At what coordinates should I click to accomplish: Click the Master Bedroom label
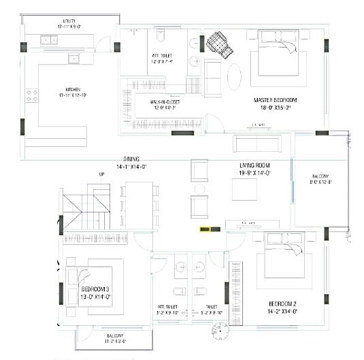click(275, 99)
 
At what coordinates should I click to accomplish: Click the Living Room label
click(256, 165)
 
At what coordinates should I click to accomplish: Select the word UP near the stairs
click(103, 174)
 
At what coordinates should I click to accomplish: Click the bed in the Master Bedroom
click(277, 54)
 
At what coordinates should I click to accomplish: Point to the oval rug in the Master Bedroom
click(234, 77)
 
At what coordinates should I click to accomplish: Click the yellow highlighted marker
click(204, 229)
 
